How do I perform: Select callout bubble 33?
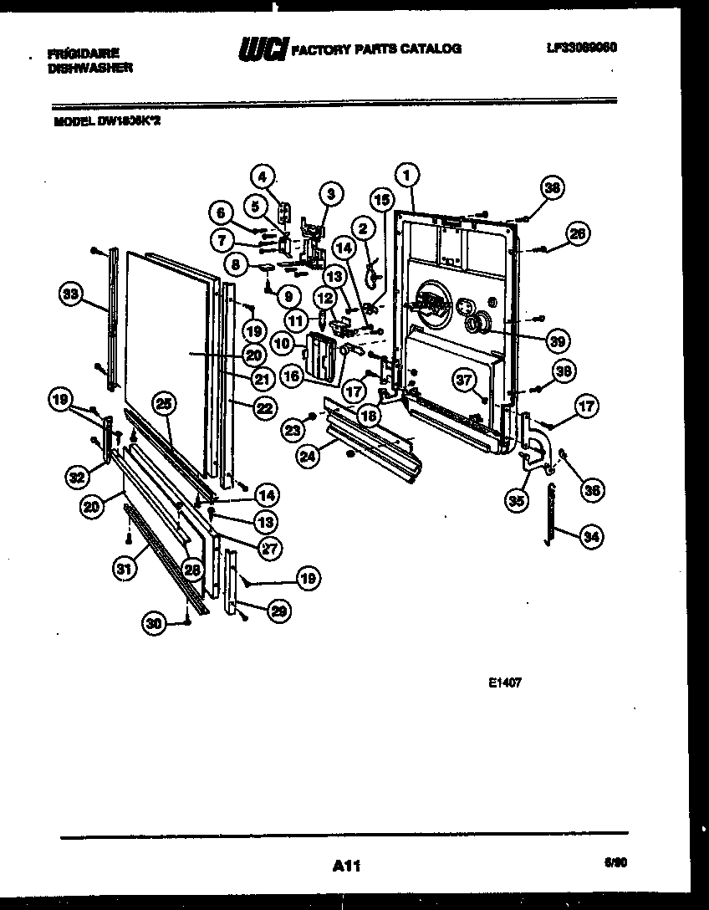coord(72,294)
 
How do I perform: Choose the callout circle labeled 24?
coord(307,457)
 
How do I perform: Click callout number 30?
coord(153,622)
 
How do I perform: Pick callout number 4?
coord(263,177)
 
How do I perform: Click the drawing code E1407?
coord(505,682)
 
